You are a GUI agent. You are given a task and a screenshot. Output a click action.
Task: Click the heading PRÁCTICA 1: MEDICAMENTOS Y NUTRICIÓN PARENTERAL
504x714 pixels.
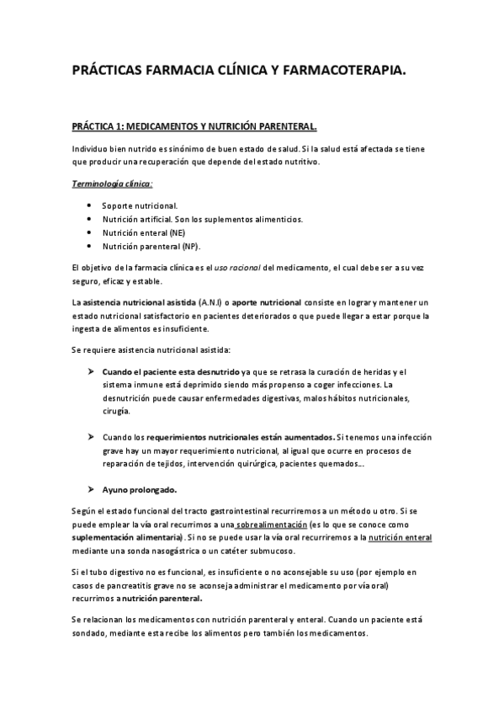(x=194, y=127)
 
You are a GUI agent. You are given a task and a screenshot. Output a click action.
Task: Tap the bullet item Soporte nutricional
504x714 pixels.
(x=140, y=206)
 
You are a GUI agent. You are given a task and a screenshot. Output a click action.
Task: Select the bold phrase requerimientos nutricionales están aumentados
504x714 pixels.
(x=240, y=438)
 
